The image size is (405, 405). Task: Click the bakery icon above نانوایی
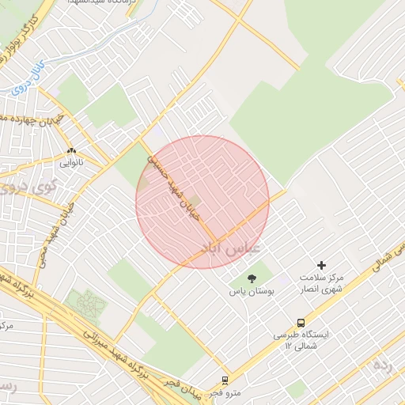pos(71,150)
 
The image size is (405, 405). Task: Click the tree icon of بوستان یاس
pos(252,278)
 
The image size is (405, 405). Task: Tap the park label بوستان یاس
pos(252,292)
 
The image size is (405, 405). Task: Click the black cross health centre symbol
pos(321,265)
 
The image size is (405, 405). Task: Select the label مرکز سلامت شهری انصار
pos(321,285)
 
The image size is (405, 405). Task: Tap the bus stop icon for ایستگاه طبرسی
pos(301,322)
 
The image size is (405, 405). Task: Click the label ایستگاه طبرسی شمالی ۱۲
pos(301,340)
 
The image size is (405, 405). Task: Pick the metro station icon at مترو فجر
pos(225,380)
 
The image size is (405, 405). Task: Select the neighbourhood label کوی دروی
pos(24,188)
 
